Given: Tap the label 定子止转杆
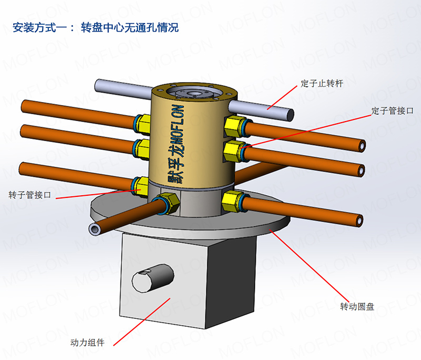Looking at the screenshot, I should coord(322,83).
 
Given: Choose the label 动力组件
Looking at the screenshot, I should coord(88,343).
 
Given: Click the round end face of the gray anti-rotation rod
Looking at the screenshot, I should coord(289,114).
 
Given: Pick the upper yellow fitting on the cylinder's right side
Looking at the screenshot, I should coord(233,126).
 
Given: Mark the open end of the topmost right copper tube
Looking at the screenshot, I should coord(362,144).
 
